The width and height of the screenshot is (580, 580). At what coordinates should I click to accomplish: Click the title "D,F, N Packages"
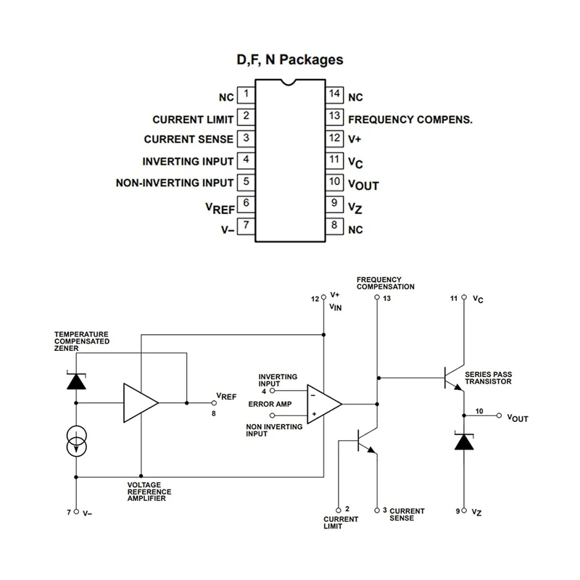pyautogui.click(x=289, y=60)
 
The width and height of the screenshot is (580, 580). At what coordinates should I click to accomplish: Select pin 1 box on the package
pyautogui.click(x=246, y=94)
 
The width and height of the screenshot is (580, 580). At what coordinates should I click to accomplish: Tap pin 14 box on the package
pyautogui.click(x=333, y=94)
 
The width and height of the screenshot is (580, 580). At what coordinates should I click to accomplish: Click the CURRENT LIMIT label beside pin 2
pyautogui.click(x=193, y=119)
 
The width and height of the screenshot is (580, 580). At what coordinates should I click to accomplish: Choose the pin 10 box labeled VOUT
pyautogui.click(x=333, y=181)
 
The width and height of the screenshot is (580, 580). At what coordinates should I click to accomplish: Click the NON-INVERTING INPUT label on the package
pyautogui.click(x=175, y=183)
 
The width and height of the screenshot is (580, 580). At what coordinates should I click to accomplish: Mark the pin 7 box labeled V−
pyautogui.click(x=246, y=225)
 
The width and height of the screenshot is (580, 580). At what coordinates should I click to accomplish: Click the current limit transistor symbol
pyautogui.click(x=367, y=442)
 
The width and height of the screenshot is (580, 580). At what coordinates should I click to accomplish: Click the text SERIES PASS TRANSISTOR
pyautogui.click(x=488, y=377)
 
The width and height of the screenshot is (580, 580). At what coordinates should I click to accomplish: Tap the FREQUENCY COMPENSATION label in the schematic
pyautogui.click(x=385, y=283)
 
